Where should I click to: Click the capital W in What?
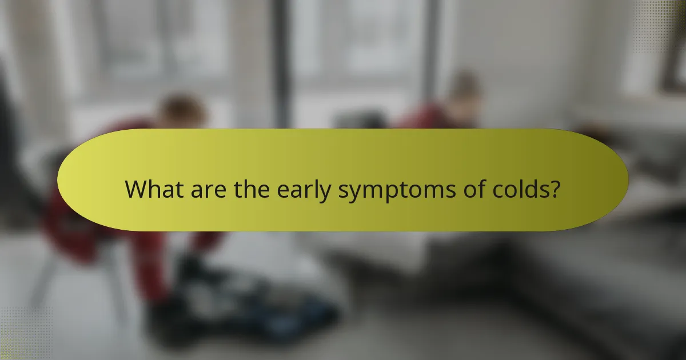pos(135,189)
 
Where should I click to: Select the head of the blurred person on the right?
pos(464,91)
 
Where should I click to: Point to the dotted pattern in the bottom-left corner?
pos(23,337)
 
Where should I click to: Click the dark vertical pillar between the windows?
pos(280,63)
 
